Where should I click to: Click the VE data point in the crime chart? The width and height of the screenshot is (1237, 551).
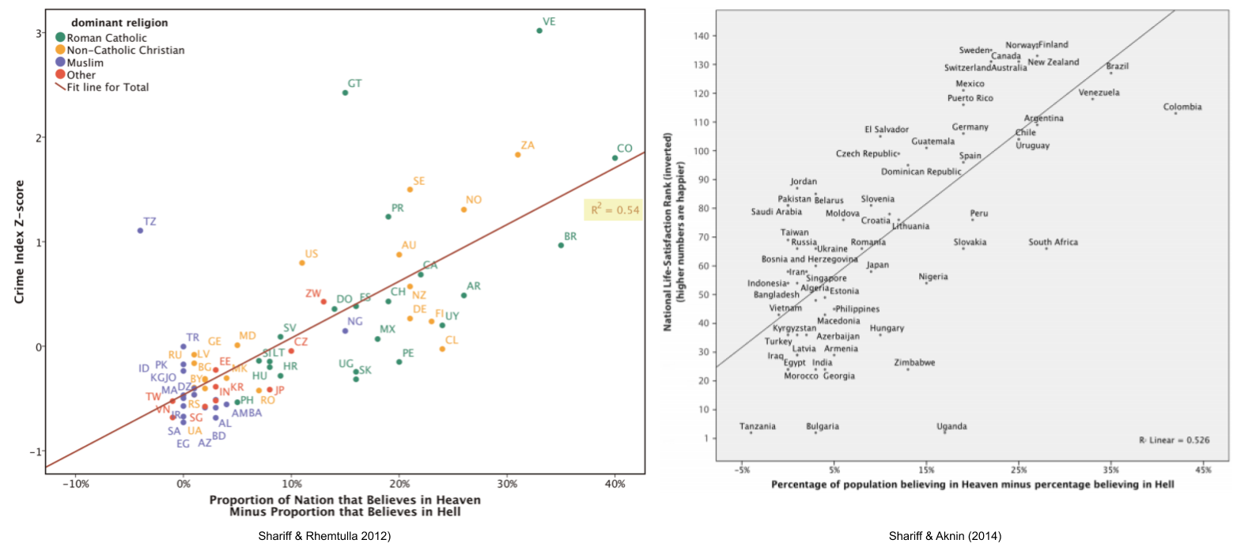539,31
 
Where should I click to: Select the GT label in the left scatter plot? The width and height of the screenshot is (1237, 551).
355,83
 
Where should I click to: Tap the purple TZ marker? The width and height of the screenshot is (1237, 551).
140,231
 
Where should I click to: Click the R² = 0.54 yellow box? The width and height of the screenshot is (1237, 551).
613,210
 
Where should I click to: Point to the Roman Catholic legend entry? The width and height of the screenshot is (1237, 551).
107,37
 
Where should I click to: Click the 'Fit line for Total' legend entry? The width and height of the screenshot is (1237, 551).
108,88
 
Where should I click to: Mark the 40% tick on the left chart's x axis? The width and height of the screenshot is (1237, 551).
615,482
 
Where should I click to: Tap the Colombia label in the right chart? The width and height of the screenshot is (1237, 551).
1182,108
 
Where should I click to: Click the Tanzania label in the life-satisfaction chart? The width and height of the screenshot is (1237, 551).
757,427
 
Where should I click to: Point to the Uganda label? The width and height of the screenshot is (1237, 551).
951,427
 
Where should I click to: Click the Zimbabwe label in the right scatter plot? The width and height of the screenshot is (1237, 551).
914,363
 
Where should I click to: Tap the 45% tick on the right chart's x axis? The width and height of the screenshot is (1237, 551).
1202,470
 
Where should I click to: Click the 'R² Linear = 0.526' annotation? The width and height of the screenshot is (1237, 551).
1174,440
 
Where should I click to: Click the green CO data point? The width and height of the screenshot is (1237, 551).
615,158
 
